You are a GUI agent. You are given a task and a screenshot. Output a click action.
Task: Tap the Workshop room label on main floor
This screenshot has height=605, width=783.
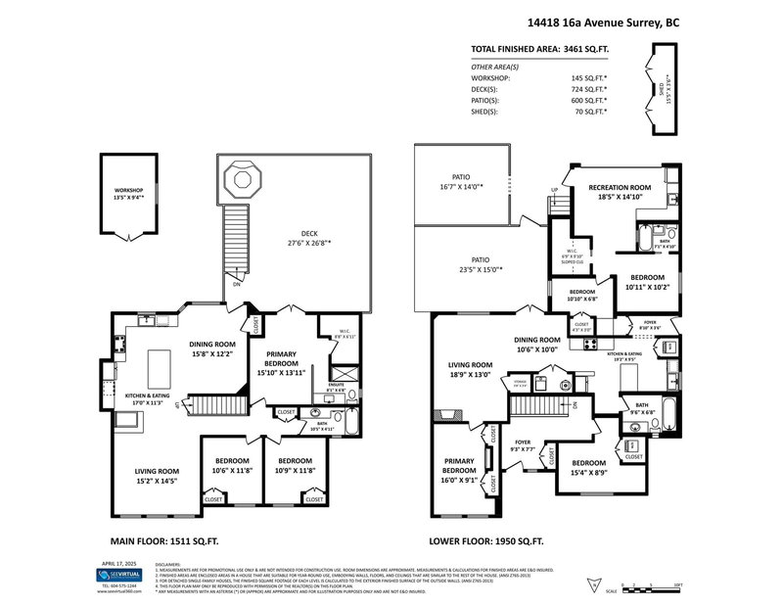pyautogui.click(x=126, y=193)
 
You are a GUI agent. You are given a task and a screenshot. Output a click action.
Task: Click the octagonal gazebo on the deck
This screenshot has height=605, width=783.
pyautogui.click(x=240, y=179)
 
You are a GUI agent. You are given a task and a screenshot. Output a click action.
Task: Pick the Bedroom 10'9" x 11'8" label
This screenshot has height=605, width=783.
pyautogui.click(x=294, y=465)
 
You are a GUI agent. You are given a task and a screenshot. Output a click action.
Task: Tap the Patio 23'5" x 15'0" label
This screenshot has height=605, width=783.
pyautogui.click(x=479, y=265)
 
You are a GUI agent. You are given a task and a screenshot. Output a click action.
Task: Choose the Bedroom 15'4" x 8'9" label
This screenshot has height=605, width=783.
pyautogui.click(x=588, y=468)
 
